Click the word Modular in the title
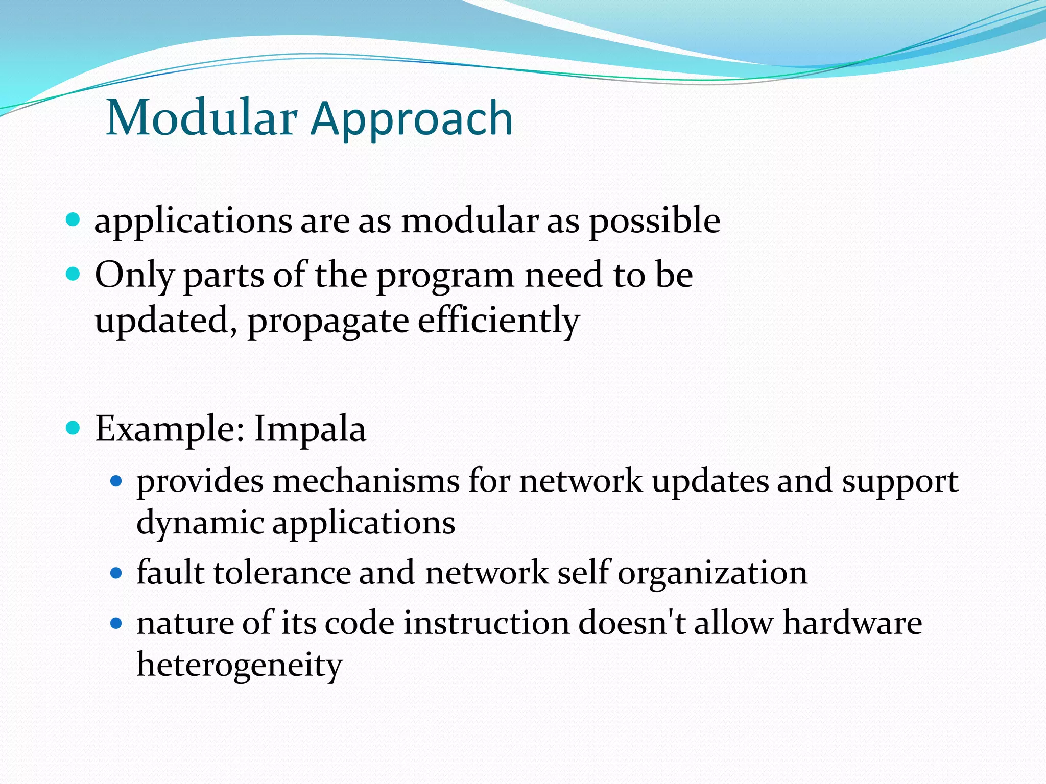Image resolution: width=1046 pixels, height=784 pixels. coord(201,118)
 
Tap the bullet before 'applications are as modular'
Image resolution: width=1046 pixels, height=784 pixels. coord(74,220)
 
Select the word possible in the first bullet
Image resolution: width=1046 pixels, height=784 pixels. coord(654,222)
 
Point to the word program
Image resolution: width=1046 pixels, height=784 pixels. coord(445,277)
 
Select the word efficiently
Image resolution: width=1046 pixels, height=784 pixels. coord(498,322)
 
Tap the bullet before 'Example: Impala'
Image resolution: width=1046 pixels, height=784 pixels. coord(74,427)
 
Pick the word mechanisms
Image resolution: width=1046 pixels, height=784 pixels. coord(366,481)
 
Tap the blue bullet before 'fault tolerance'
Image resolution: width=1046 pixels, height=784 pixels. coord(117,573)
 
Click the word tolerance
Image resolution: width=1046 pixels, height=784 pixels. coord(282,573)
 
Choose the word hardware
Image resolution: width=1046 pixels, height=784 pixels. coord(852,623)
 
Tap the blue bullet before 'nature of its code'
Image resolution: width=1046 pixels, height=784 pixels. coord(117,623)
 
